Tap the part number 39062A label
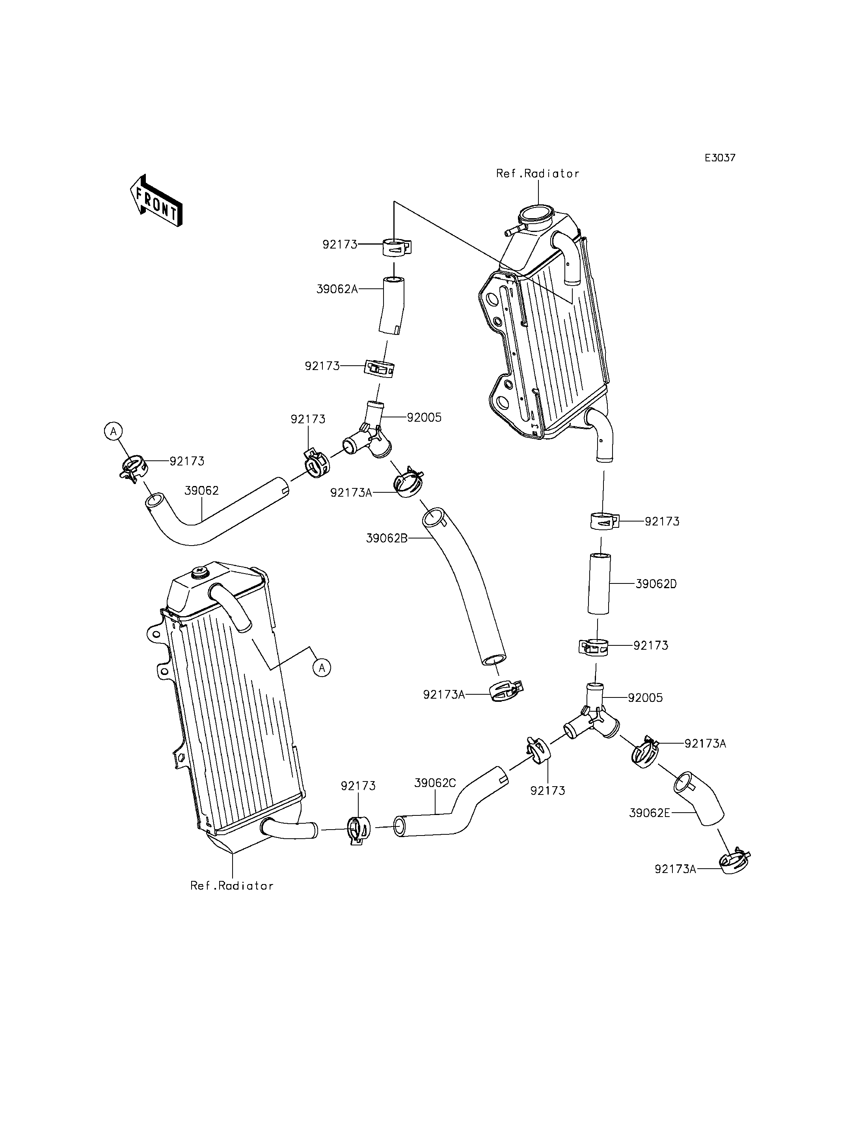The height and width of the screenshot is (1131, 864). click(337, 289)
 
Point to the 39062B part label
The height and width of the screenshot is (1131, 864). click(387, 538)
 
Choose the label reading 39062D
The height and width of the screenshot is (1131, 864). click(656, 584)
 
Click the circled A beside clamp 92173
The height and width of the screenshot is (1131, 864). click(114, 430)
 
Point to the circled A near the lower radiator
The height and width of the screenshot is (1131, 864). click(322, 668)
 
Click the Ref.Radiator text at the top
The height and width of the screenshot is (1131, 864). click(538, 174)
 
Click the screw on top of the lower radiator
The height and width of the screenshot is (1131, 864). click(199, 571)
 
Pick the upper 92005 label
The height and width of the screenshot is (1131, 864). click(424, 417)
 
